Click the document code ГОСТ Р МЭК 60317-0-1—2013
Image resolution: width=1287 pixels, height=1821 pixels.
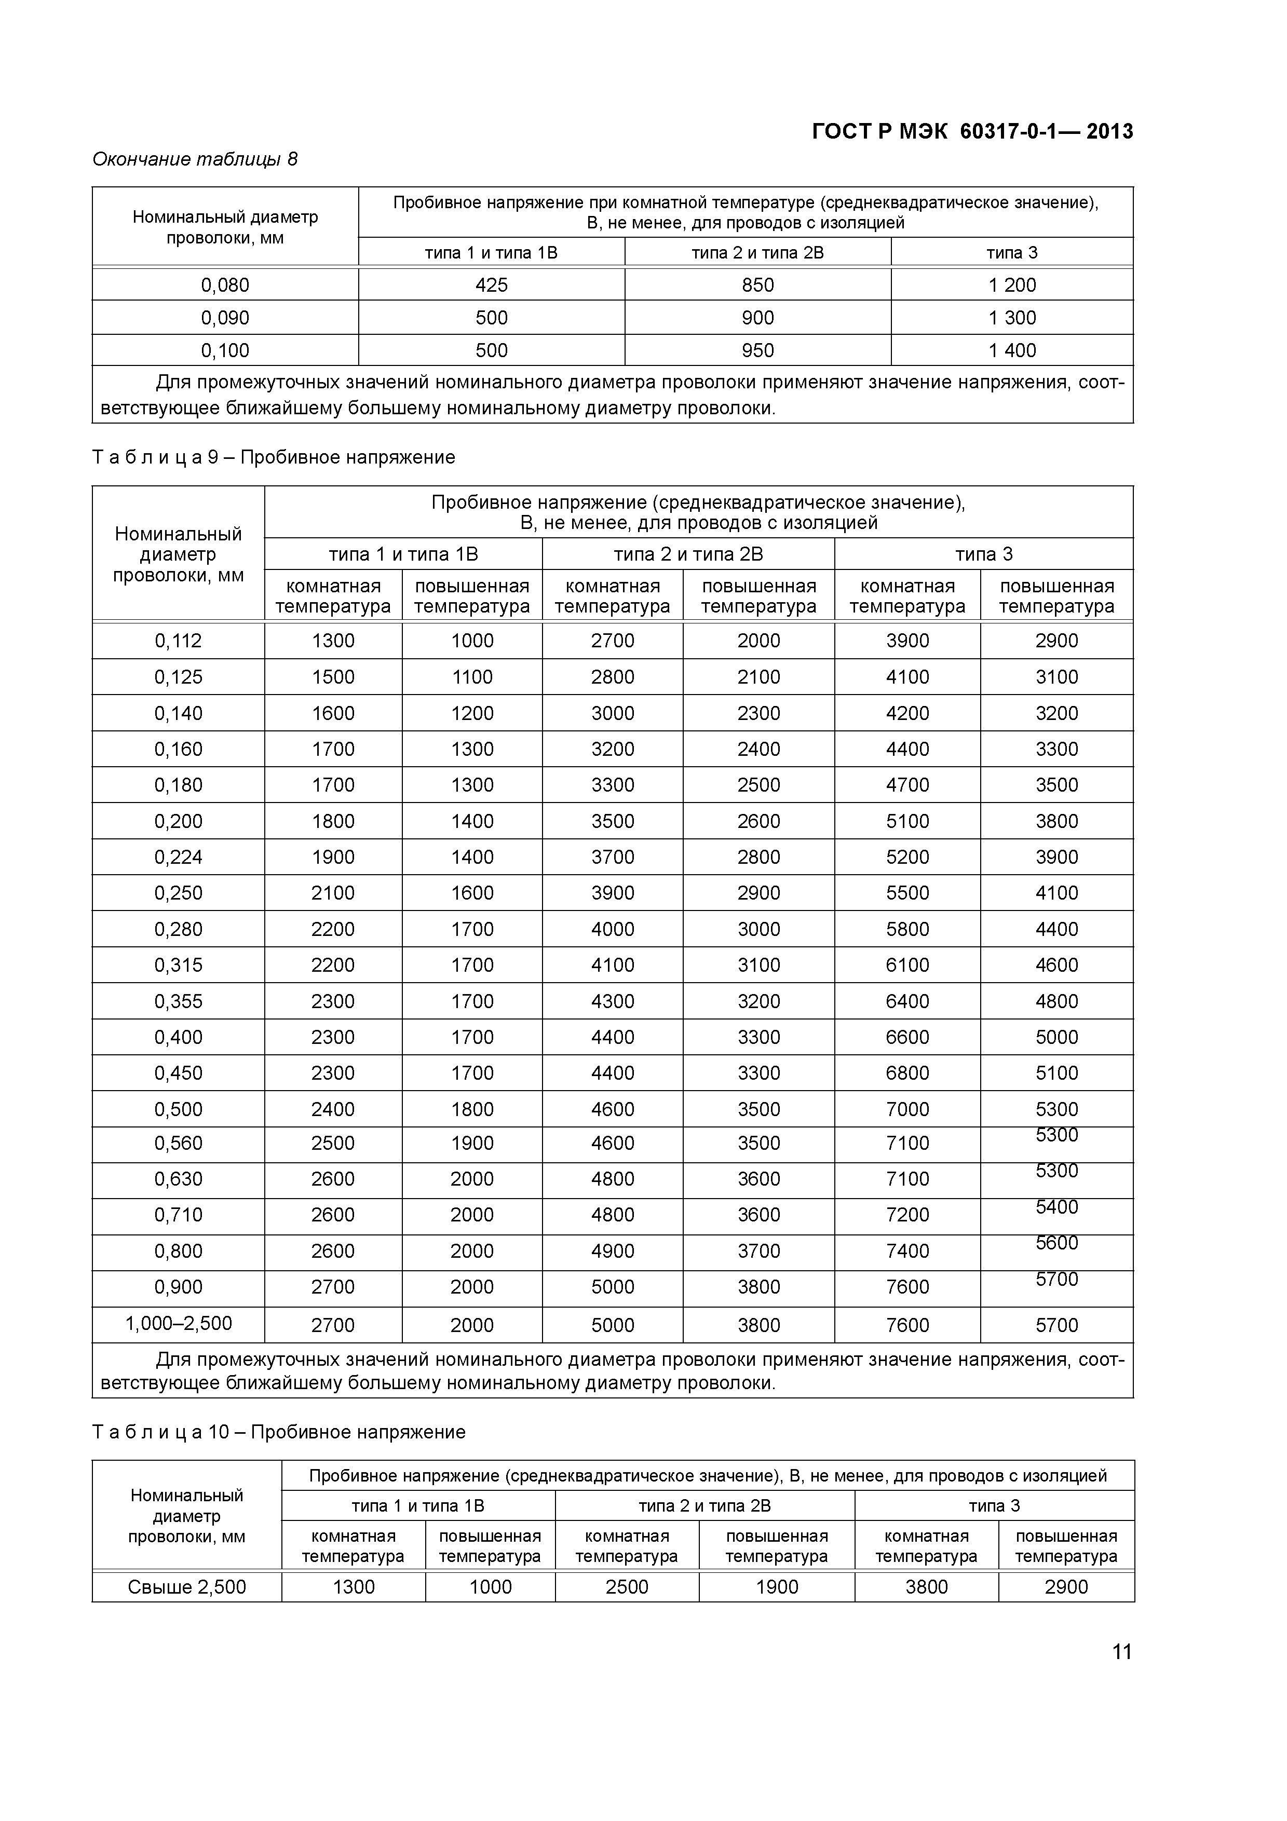point(972,132)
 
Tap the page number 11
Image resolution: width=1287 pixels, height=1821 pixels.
point(1121,1652)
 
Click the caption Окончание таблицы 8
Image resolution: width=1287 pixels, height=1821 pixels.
point(195,159)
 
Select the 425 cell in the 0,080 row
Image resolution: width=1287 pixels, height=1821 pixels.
point(492,285)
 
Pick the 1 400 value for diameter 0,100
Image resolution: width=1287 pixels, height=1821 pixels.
point(1012,350)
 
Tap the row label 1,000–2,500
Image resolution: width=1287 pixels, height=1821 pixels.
point(179,1323)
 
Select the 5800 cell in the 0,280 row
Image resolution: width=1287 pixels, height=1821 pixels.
point(907,929)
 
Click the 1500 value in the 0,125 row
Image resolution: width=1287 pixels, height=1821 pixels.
point(333,676)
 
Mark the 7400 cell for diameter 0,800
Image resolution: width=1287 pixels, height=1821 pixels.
point(907,1251)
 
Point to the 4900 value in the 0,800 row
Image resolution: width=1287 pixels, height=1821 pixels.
point(612,1251)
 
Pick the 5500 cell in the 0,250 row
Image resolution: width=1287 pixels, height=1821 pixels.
point(907,892)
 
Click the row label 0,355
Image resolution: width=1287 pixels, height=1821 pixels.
point(179,1001)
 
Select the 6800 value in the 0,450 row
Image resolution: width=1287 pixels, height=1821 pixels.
point(907,1072)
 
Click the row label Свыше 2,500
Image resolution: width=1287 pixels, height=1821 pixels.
point(187,1586)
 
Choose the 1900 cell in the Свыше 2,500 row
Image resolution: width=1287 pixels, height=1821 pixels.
point(776,1586)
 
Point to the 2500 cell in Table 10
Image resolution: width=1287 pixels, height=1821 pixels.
point(627,1586)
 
